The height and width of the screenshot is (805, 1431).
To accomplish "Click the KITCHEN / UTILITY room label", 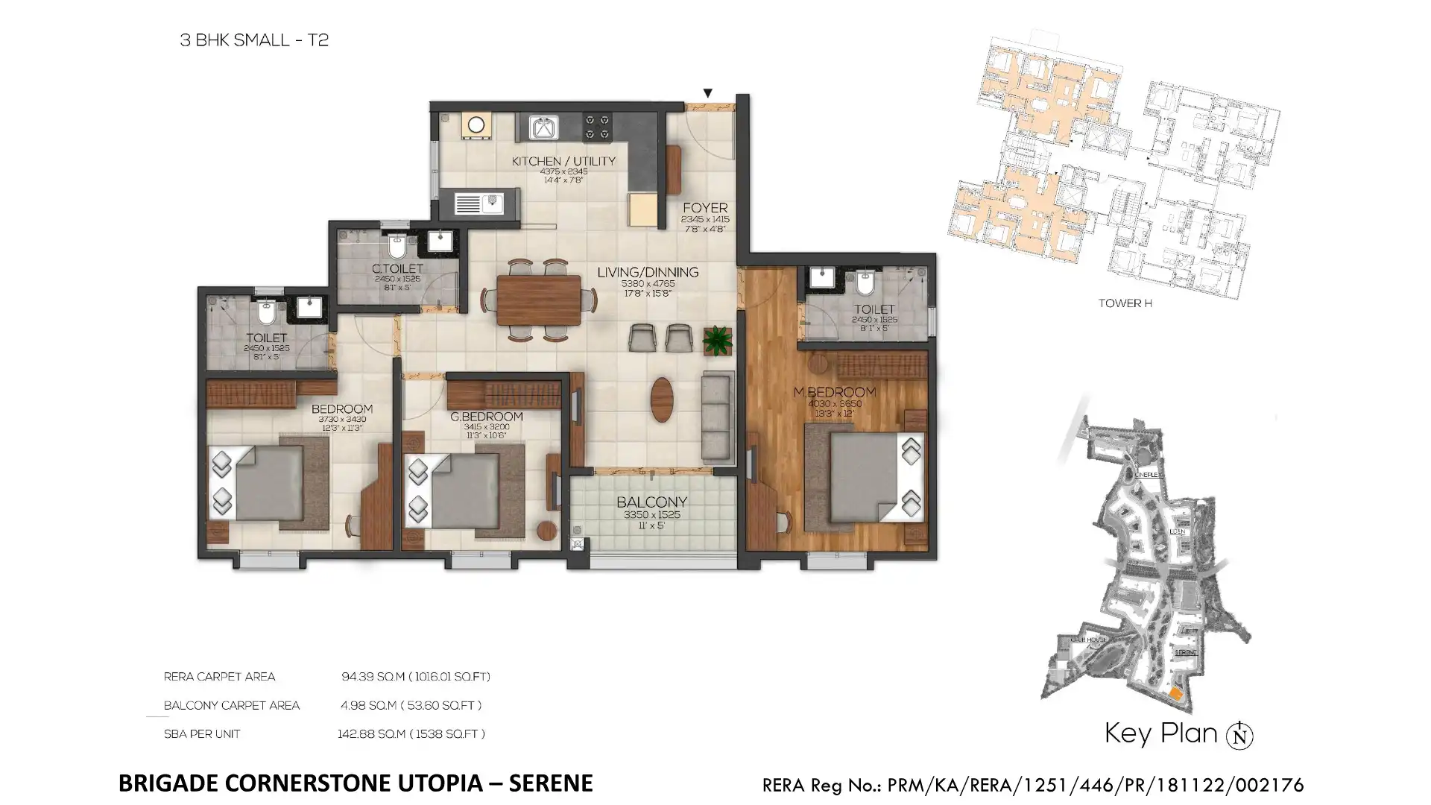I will (x=563, y=161).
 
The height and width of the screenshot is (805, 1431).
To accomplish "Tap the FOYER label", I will (x=704, y=208).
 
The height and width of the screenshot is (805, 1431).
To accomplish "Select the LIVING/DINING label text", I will (x=648, y=273).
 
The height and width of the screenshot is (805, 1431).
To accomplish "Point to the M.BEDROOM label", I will (x=844, y=392).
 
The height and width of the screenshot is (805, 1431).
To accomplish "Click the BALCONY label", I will (x=651, y=502).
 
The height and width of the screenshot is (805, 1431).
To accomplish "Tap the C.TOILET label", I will (x=397, y=268).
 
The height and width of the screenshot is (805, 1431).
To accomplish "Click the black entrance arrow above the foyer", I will (x=707, y=93).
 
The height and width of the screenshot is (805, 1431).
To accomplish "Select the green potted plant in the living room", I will (x=717, y=340).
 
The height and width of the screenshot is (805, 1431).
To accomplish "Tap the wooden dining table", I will (x=538, y=300).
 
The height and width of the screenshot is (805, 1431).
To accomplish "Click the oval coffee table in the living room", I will (x=661, y=400).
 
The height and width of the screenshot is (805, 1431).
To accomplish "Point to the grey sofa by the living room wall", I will (x=718, y=417).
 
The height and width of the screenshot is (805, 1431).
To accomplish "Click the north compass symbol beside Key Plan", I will (x=1239, y=736).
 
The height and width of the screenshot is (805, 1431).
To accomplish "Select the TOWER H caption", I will (x=1125, y=303).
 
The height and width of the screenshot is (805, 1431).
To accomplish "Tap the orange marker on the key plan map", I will (x=1175, y=694).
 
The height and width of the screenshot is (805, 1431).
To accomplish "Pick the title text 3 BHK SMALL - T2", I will (x=254, y=40).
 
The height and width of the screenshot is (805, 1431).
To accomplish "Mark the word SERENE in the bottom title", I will (x=550, y=783).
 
